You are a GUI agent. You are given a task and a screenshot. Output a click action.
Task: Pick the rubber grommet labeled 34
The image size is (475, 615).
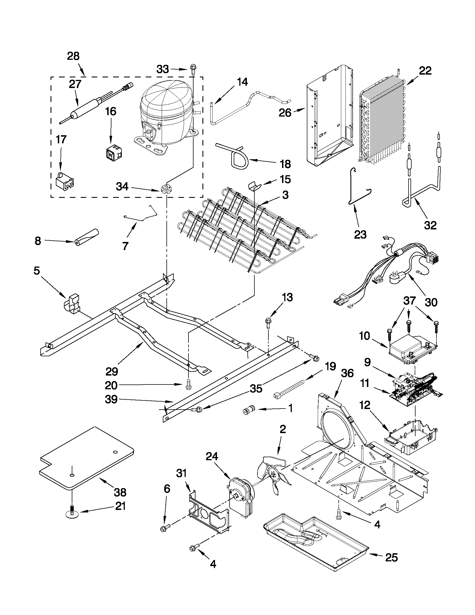coord(166,188)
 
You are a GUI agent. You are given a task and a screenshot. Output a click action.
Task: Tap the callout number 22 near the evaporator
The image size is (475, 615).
coord(425,71)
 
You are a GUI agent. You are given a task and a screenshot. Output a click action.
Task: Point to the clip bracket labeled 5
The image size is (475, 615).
coord(72,304)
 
